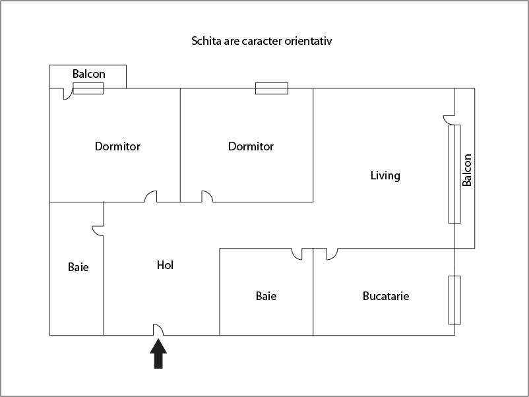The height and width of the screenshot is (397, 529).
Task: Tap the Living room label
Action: click(x=385, y=175)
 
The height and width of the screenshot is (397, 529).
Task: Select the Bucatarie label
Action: click(x=386, y=296)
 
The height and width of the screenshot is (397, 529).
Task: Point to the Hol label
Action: click(x=165, y=265)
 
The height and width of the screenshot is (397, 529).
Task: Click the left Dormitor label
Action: click(x=117, y=146)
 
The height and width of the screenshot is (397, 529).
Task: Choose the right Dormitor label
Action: click(x=251, y=146)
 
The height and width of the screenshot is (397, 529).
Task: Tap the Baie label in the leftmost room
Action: click(x=78, y=267)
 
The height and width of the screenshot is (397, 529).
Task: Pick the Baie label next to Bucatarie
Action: click(x=266, y=296)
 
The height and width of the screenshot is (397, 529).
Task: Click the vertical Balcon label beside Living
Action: click(x=467, y=170)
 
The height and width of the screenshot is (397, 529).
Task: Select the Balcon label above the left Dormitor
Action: click(x=88, y=74)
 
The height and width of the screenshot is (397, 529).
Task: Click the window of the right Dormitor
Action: click(x=272, y=88)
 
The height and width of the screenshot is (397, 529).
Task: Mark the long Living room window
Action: click(x=454, y=173)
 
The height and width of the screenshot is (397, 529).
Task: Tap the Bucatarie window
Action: click(x=454, y=300)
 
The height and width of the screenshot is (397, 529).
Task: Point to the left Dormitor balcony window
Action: click(x=88, y=88)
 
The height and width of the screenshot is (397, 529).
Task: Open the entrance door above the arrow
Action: click(x=158, y=330)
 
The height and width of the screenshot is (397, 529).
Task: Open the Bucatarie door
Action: click(x=332, y=253)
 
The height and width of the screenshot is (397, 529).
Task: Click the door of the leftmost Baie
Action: click(x=98, y=231)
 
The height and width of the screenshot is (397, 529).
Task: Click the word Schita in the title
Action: click(x=205, y=41)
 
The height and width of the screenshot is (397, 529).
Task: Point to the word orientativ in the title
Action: click(x=315, y=41)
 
